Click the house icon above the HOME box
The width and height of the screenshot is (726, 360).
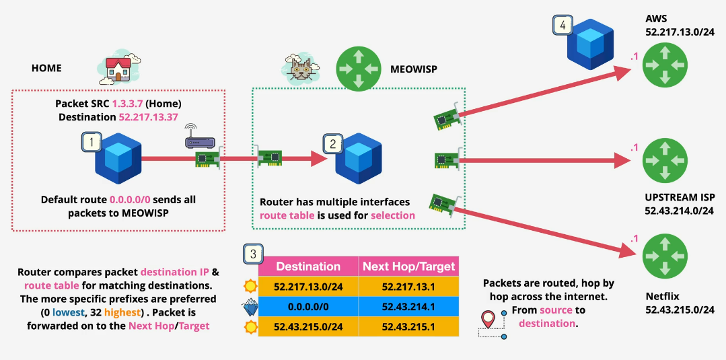click(119, 67)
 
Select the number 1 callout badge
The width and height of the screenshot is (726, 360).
click(91, 142)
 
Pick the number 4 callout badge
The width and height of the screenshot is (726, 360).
click(562, 26)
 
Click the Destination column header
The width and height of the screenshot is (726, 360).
click(308, 266)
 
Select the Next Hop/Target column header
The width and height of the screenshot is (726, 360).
click(408, 266)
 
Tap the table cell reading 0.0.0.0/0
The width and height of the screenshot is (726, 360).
click(308, 306)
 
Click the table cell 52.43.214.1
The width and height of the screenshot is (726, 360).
click(408, 306)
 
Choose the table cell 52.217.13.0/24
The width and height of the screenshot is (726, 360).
click(308, 286)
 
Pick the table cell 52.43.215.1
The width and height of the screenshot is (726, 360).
click(408, 326)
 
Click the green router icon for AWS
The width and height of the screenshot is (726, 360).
click(665, 65)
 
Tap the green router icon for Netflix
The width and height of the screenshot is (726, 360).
click(665, 256)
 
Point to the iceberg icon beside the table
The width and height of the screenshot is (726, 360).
click(250, 307)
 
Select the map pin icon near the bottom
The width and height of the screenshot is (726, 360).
click(489, 319)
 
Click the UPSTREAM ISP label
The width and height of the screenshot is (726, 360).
click(678, 198)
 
